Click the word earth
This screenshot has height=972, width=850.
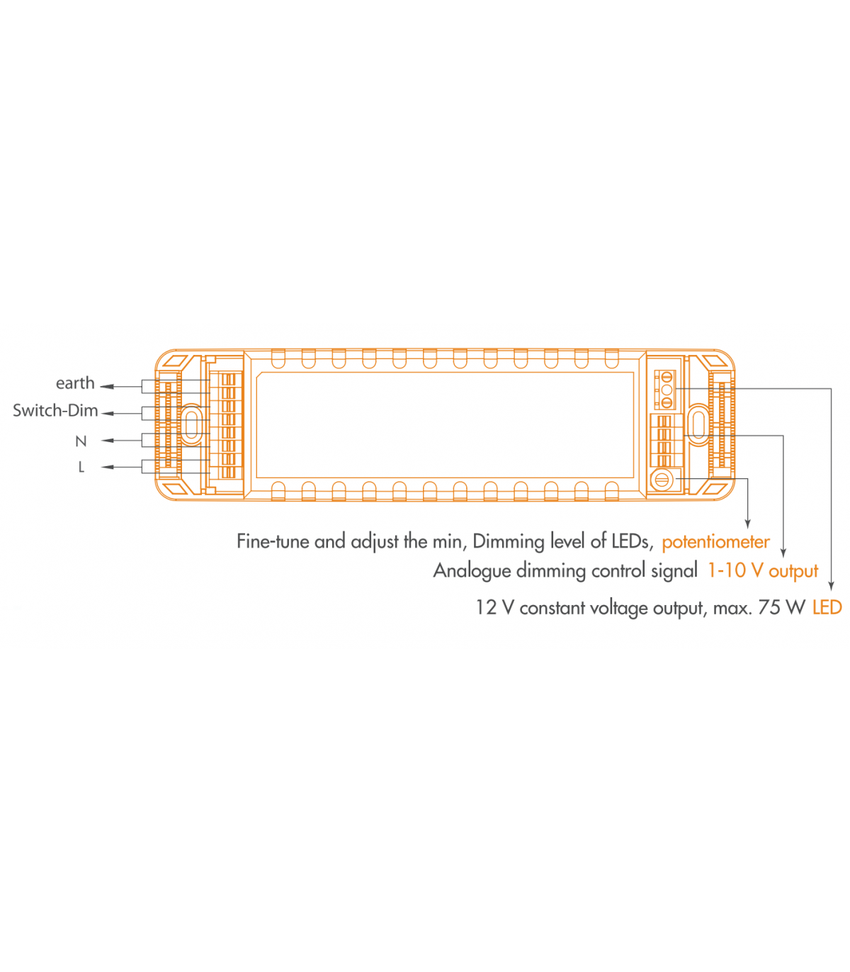coord(75,383)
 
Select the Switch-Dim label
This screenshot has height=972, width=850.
coord(55,410)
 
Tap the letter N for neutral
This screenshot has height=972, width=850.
coord(81,441)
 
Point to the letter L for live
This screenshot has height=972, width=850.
coord(81,467)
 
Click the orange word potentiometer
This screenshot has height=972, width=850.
coord(715,542)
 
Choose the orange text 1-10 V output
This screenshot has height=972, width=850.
coord(763,570)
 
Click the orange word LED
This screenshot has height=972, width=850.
coord(827,608)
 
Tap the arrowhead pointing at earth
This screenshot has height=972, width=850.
coord(107,387)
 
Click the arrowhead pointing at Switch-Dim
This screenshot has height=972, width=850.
coord(108,414)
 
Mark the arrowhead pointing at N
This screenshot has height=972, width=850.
coord(108,441)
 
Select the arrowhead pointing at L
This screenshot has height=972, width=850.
coord(108,468)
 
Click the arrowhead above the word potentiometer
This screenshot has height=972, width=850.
coord(748,524)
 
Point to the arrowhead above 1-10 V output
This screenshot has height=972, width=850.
coord(783,553)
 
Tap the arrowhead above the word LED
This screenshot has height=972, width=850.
coord(831,585)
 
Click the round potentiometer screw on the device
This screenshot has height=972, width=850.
coord(662,480)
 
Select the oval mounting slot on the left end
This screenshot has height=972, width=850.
coord(191,424)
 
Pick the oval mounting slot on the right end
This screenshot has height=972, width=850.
coord(699,424)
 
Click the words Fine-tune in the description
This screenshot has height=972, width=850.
coord(273,541)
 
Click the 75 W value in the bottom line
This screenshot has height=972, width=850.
coord(781,608)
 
